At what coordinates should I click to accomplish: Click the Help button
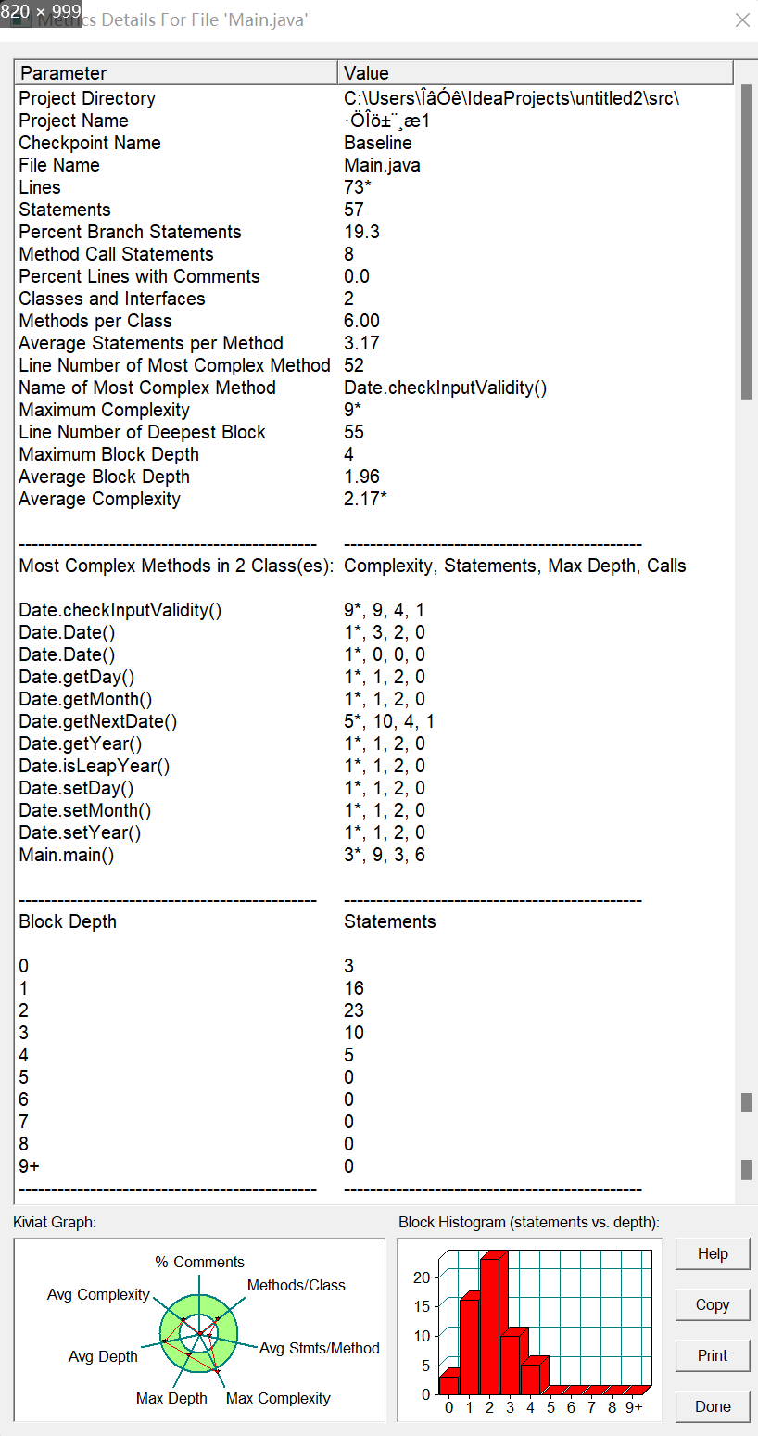(x=712, y=1253)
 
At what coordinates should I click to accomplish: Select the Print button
(x=712, y=1355)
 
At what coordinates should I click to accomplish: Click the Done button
(x=712, y=1406)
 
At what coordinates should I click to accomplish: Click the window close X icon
(x=742, y=19)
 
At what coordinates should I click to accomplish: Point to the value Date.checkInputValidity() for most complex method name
(x=445, y=388)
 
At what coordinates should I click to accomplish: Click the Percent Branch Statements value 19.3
(x=361, y=232)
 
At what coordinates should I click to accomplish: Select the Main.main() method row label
(x=67, y=855)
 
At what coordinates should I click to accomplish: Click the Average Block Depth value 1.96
(x=361, y=477)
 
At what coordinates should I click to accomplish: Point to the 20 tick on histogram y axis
(x=422, y=1277)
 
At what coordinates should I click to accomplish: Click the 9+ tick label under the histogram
(x=634, y=1407)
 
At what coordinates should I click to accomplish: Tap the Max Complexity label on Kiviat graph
(x=278, y=1398)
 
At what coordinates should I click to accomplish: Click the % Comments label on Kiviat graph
(x=199, y=1262)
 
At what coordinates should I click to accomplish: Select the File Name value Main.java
(x=382, y=165)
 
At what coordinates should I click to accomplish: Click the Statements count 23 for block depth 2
(x=354, y=1010)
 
